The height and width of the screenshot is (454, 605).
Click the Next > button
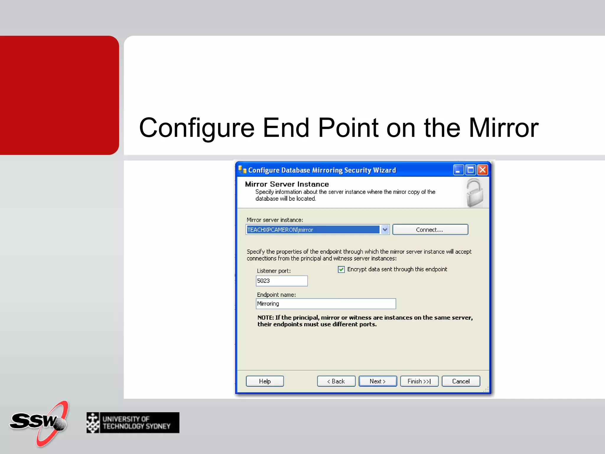378,381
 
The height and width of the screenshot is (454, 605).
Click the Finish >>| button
419,381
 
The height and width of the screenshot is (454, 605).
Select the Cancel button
461,381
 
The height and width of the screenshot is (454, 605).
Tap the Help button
265,381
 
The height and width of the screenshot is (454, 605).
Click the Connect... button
430,230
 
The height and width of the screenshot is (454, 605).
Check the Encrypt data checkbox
341,269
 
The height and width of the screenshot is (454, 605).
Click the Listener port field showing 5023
281,281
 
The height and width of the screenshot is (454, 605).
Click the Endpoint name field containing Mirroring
326,304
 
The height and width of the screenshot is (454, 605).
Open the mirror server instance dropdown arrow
385,230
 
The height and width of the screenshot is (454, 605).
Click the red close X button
482,170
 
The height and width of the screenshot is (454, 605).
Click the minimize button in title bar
458,170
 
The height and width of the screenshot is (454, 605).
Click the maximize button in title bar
470,170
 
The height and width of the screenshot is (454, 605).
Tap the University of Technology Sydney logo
133,423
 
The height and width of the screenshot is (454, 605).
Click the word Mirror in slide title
503,128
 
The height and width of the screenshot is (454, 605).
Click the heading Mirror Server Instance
287,184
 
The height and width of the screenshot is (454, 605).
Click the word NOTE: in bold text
266,318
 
